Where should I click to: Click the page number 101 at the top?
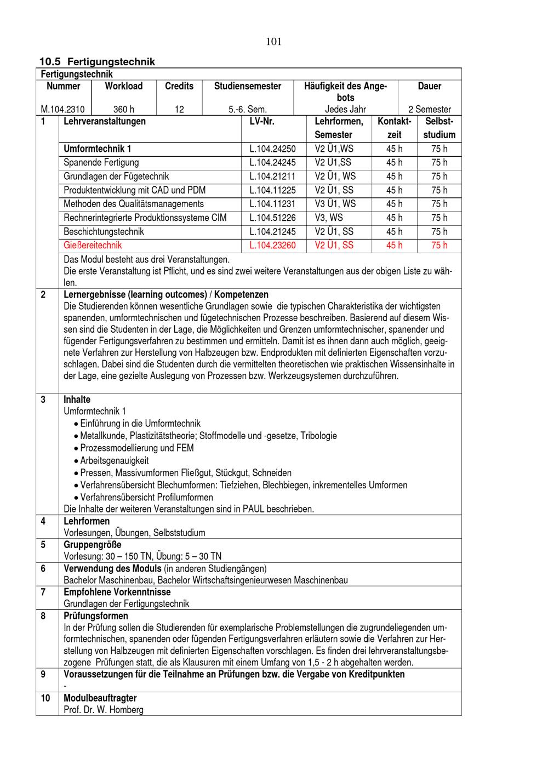click(x=273, y=42)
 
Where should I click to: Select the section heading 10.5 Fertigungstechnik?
click(x=97, y=62)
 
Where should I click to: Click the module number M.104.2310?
click(x=62, y=109)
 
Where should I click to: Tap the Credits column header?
click(x=179, y=86)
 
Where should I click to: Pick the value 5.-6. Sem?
click(x=248, y=109)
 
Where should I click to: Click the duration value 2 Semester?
click(x=430, y=109)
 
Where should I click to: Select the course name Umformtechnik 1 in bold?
click(x=97, y=149)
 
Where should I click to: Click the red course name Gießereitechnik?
click(x=93, y=245)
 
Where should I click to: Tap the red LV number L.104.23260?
click(x=272, y=245)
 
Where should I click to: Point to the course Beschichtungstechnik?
click(x=104, y=231)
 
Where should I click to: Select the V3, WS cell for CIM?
click(x=329, y=218)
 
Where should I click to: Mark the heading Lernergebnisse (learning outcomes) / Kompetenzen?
click(x=166, y=294)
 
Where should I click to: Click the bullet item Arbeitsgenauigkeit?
click(x=114, y=460)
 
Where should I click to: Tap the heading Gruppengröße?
click(x=93, y=545)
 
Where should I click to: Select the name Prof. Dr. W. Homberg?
click(x=104, y=710)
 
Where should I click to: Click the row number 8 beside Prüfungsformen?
click(x=43, y=616)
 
